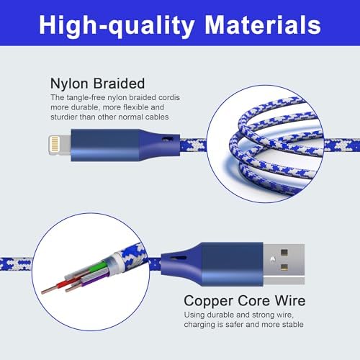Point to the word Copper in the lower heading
(207, 301)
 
